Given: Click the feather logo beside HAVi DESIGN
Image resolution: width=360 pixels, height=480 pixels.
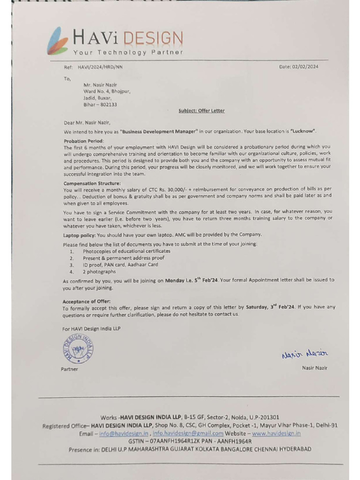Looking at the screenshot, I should point(58,41).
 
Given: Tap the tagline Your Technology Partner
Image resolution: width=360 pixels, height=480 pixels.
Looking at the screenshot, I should point(128,52).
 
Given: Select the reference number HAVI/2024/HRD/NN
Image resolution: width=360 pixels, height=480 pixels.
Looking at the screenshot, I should point(100,67).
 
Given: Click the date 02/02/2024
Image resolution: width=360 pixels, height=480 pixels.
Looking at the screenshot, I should point(305,67).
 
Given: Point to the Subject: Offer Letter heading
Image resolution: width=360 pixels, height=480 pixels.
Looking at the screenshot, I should point(202,111).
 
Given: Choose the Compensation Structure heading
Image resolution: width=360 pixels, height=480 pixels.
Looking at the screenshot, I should point(92,183).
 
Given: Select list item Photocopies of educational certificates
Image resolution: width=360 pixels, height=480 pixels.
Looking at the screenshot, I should point(127,251).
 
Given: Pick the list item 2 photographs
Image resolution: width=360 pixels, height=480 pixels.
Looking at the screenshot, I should point(99,271).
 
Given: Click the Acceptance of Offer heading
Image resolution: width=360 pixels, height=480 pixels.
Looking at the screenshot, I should point(86,301).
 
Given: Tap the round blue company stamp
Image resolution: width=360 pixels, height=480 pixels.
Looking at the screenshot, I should point(77,349).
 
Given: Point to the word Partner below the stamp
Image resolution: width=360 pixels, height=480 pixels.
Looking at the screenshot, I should point(69,369).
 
